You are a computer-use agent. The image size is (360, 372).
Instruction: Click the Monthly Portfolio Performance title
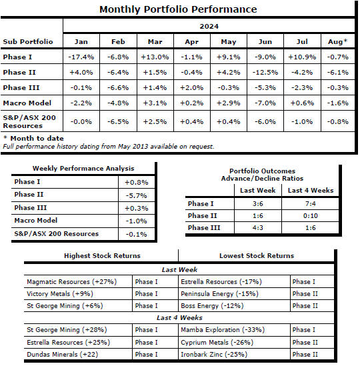point(178,9)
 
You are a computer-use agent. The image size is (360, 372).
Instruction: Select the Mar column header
point(155,42)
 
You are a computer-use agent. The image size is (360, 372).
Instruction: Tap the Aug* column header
point(337,41)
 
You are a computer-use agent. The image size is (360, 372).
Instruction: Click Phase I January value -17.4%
point(81,57)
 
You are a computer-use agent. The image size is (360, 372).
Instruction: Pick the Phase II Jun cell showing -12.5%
point(265,73)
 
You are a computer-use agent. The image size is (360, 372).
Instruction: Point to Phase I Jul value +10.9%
point(302,57)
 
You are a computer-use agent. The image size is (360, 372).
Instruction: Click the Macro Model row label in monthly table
point(27,103)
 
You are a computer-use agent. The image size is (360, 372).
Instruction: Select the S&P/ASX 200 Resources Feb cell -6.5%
point(118,122)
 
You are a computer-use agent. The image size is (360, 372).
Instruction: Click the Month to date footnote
point(34,138)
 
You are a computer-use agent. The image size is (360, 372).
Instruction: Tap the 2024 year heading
point(209,26)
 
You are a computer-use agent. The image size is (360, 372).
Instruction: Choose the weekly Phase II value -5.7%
point(136,196)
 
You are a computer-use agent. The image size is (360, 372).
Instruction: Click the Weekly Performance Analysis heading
point(83,169)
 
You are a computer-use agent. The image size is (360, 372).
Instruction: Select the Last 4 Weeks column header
point(311,190)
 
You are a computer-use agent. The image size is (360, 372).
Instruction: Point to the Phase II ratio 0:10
point(311,215)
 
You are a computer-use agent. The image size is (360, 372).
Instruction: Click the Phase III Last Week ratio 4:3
point(258,228)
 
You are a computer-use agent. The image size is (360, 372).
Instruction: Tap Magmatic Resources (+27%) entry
point(72,281)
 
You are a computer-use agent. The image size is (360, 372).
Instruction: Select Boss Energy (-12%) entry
point(212,305)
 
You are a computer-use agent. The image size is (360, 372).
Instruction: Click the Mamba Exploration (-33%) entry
point(223,330)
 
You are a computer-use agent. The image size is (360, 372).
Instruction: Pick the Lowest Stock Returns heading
point(257,255)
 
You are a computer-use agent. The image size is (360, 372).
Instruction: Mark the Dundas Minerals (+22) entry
point(63,355)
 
